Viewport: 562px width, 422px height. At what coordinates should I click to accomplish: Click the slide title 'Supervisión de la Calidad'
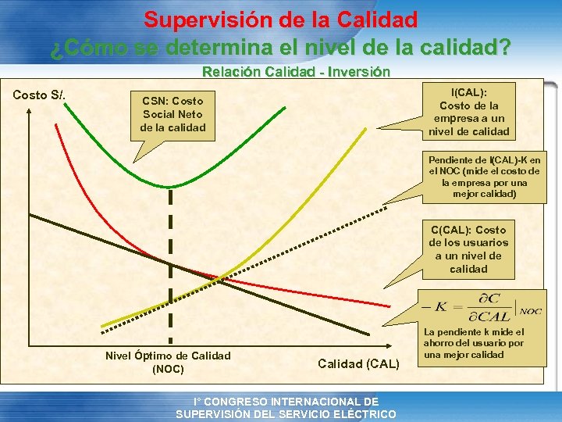(x=280, y=19)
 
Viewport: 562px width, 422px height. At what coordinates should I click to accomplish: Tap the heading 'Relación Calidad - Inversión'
(x=296, y=72)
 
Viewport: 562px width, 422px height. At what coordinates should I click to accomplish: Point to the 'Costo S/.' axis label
(x=39, y=95)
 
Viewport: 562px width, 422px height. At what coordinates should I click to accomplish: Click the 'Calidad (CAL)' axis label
(x=358, y=363)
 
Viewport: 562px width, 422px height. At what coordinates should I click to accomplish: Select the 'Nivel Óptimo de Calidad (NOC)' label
(x=168, y=361)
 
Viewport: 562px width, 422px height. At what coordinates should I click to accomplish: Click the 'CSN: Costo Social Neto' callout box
(x=173, y=114)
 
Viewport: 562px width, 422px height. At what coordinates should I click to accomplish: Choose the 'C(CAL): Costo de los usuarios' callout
(x=468, y=249)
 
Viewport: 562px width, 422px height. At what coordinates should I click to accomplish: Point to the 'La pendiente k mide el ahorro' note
(x=474, y=343)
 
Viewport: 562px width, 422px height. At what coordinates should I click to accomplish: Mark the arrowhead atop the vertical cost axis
(x=30, y=109)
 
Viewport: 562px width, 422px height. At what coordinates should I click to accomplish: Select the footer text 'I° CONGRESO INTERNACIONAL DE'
(x=286, y=401)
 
